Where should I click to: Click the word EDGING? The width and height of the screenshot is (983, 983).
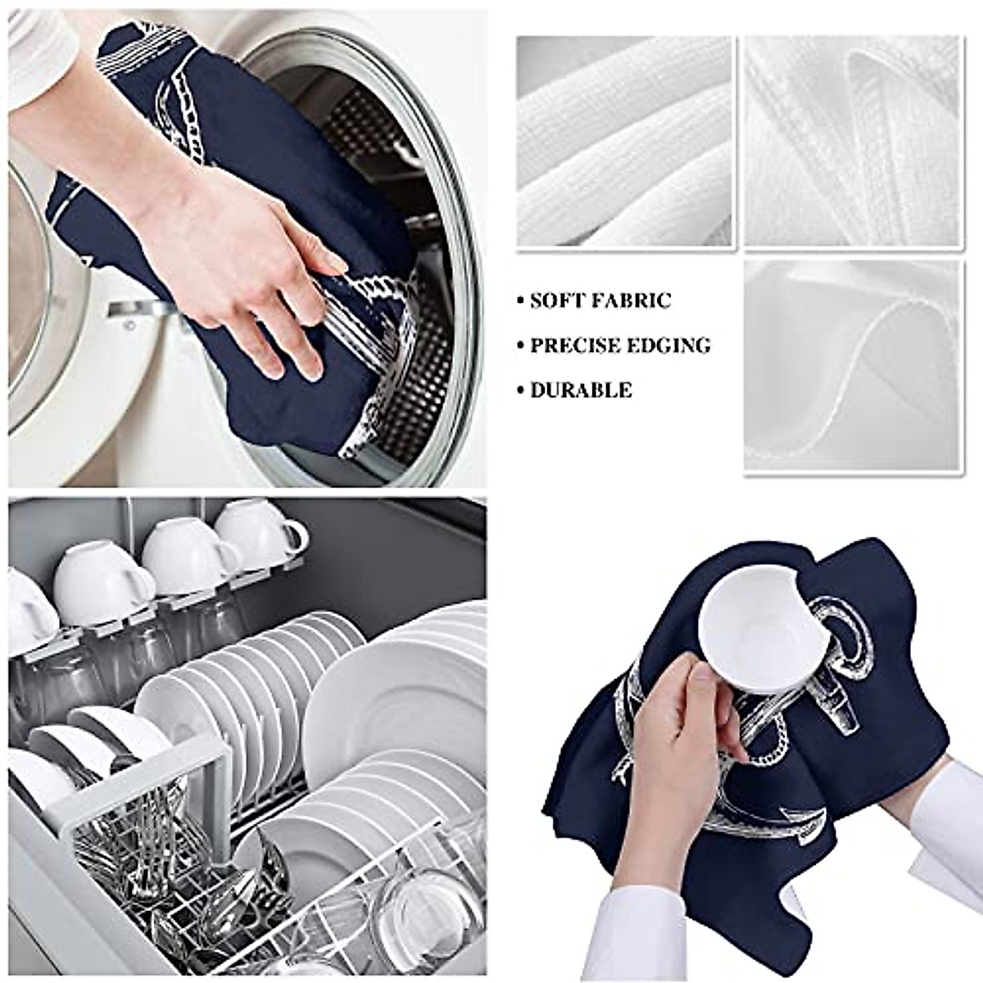tap(665, 346)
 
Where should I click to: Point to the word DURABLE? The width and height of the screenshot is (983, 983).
tap(581, 390)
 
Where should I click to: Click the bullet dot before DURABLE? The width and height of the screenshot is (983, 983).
tap(520, 391)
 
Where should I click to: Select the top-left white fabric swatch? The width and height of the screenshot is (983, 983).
tap(624, 141)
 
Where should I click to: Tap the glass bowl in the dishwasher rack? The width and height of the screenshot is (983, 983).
tap(426, 909)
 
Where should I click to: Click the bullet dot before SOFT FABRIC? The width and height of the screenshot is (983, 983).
tap(520, 301)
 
